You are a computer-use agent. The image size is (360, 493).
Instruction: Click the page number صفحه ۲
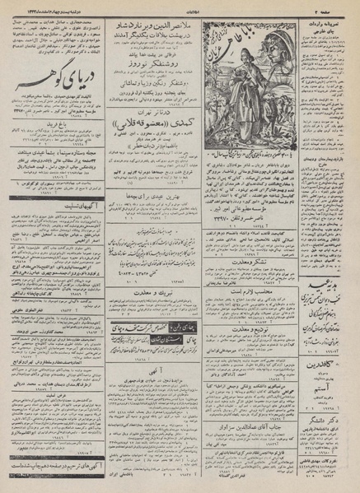click(338, 4)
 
